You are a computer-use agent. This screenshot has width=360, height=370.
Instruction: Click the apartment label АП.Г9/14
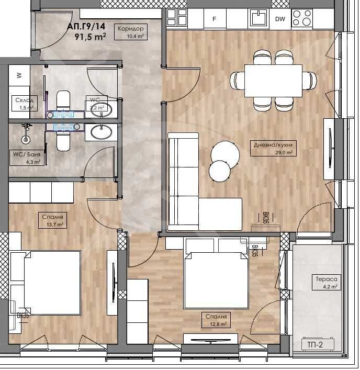pos(86,25)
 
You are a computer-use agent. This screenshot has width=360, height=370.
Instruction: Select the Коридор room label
pos(131,29)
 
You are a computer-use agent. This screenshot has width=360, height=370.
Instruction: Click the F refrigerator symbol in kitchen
pos(213,19)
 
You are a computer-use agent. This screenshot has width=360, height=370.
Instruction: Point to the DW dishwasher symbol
pos(280,19)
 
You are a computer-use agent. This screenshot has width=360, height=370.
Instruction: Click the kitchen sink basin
pos(257,18)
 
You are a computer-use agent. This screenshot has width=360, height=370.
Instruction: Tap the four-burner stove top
pos(302,17)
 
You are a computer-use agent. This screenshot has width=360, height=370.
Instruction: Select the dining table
pos(273,81)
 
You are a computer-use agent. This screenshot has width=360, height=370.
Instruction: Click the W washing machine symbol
pos(19,75)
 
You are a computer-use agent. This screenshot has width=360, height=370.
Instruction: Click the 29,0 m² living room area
pos(285,153)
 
